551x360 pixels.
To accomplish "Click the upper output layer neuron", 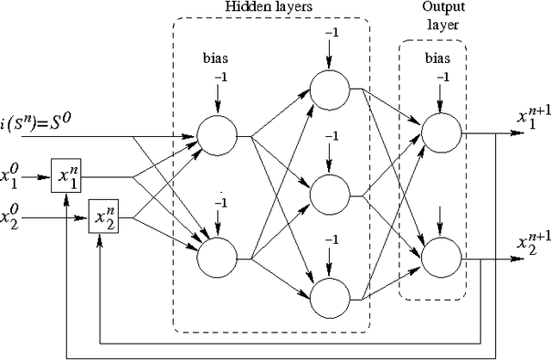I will (440, 132).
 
